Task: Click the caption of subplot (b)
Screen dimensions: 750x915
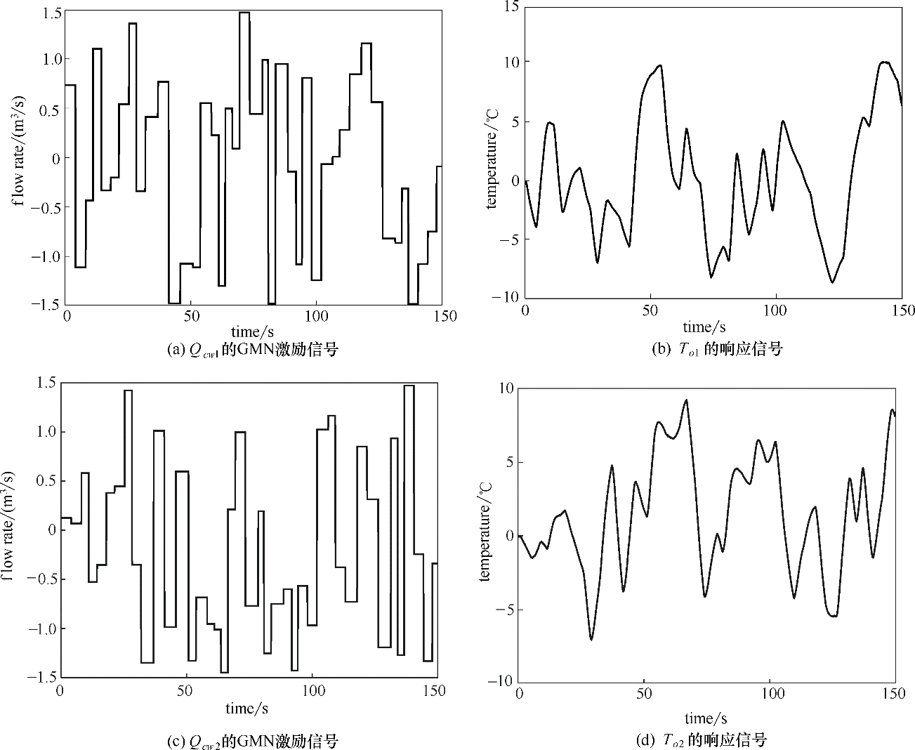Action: [x=716, y=348]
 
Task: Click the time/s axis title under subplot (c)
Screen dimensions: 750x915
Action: [x=246, y=708]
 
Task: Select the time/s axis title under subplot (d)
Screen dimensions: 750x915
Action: [x=705, y=718]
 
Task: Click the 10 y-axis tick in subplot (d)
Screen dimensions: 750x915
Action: [x=506, y=388]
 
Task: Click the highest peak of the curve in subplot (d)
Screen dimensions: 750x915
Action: [x=686, y=400]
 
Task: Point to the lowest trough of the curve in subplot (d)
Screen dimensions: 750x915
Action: [x=591, y=639]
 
